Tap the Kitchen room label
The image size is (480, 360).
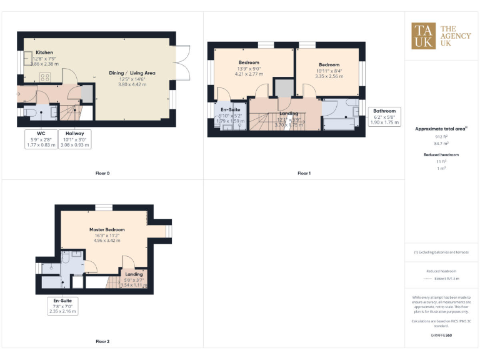(44, 52)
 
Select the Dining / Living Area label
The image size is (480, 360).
(132, 73)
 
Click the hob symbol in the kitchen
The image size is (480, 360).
(45, 78)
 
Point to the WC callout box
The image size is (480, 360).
(41, 139)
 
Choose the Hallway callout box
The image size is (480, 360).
(74, 139)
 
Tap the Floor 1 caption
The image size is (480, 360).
(304, 173)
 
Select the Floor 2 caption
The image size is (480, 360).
(102, 342)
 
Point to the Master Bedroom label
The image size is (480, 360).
(104, 229)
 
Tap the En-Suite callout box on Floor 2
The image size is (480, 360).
(63, 306)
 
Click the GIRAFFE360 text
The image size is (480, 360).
(441, 336)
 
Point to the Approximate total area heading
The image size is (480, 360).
(441, 129)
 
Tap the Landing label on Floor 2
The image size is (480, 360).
(134, 274)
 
